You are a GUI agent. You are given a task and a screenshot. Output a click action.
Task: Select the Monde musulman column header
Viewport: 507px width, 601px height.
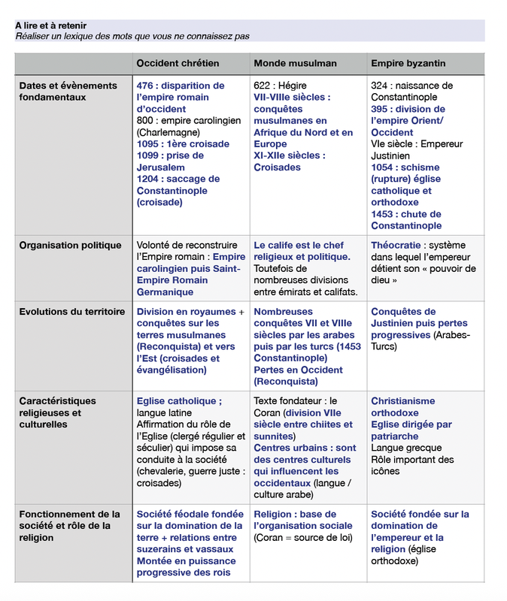pyautogui.click(x=295, y=64)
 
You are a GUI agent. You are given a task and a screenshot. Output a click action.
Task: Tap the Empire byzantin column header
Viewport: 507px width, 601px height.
pyautogui.click(x=408, y=64)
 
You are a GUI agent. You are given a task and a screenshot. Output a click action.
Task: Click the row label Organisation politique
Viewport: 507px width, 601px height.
pyautogui.click(x=70, y=246)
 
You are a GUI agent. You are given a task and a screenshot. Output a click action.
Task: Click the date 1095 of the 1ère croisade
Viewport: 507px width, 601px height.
pyautogui.click(x=148, y=144)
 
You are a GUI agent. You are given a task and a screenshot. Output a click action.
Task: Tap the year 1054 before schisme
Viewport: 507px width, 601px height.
pyautogui.click(x=384, y=168)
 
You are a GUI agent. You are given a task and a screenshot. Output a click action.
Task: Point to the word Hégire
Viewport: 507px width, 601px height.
pyautogui.click(x=292, y=86)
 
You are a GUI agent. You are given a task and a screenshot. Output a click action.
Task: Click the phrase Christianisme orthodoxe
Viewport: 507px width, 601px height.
pyautogui.click(x=402, y=407)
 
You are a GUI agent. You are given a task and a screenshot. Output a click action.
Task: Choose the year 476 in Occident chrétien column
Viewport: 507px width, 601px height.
pyautogui.click(x=146, y=86)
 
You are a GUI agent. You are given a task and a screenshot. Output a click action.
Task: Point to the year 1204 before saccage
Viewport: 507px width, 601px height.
pyautogui.click(x=148, y=179)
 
